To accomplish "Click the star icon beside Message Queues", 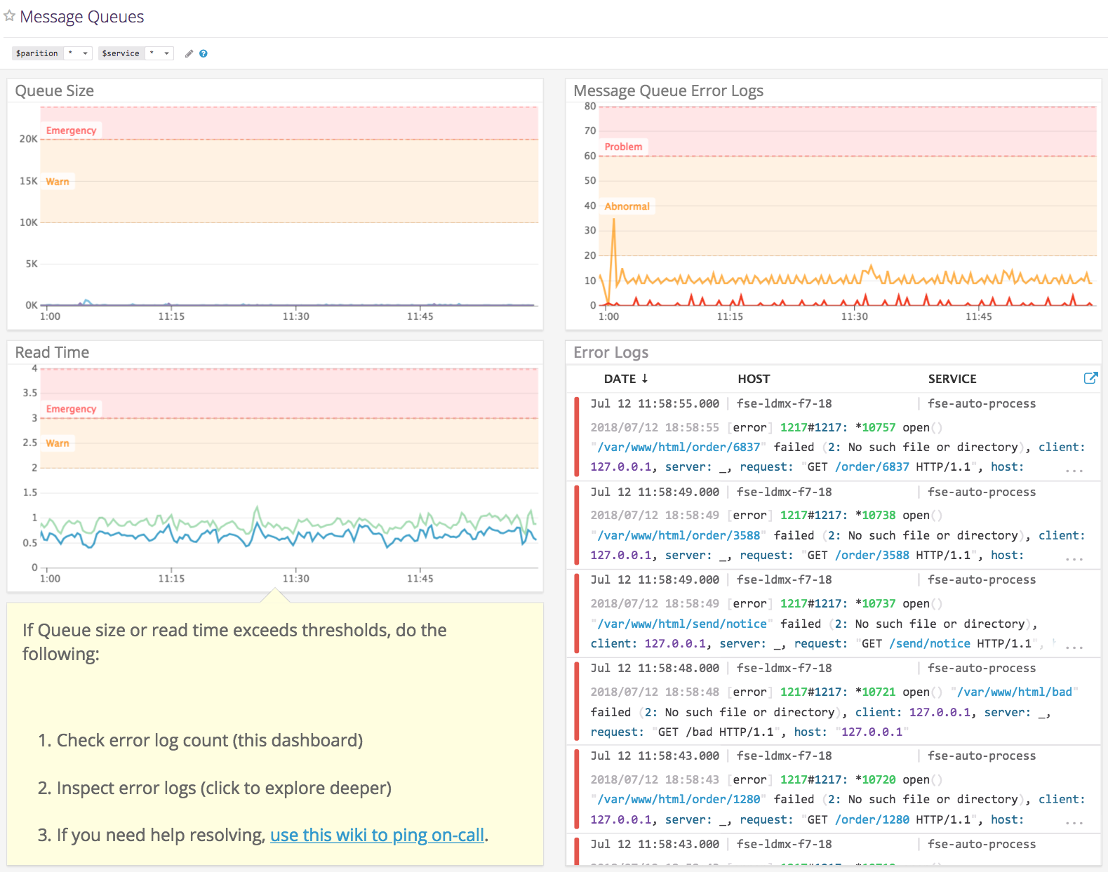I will pos(9,15).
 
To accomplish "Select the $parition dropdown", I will pos(77,53).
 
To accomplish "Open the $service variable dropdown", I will pos(159,53).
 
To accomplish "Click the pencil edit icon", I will pos(189,53).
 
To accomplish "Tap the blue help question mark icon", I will pos(203,53).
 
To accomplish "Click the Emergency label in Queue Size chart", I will pos(71,130).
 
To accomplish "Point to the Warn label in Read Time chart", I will pos(58,443).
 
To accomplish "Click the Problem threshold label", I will pos(623,147).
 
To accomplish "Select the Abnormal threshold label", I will pos(627,206).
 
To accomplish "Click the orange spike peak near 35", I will pos(614,220).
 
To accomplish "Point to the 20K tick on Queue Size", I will pos(28,139).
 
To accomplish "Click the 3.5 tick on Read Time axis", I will pos(29,393).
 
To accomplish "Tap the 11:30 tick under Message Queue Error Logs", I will pos(854,316).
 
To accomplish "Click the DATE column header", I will pos(625,379).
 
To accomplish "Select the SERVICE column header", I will pos(952,379).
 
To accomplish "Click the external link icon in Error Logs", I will pos(1090,378).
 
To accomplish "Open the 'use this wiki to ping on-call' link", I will pos(377,835).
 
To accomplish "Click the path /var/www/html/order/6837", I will pos(679,447).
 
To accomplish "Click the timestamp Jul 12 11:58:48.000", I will pos(655,668).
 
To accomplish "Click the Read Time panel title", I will pos(52,352).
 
